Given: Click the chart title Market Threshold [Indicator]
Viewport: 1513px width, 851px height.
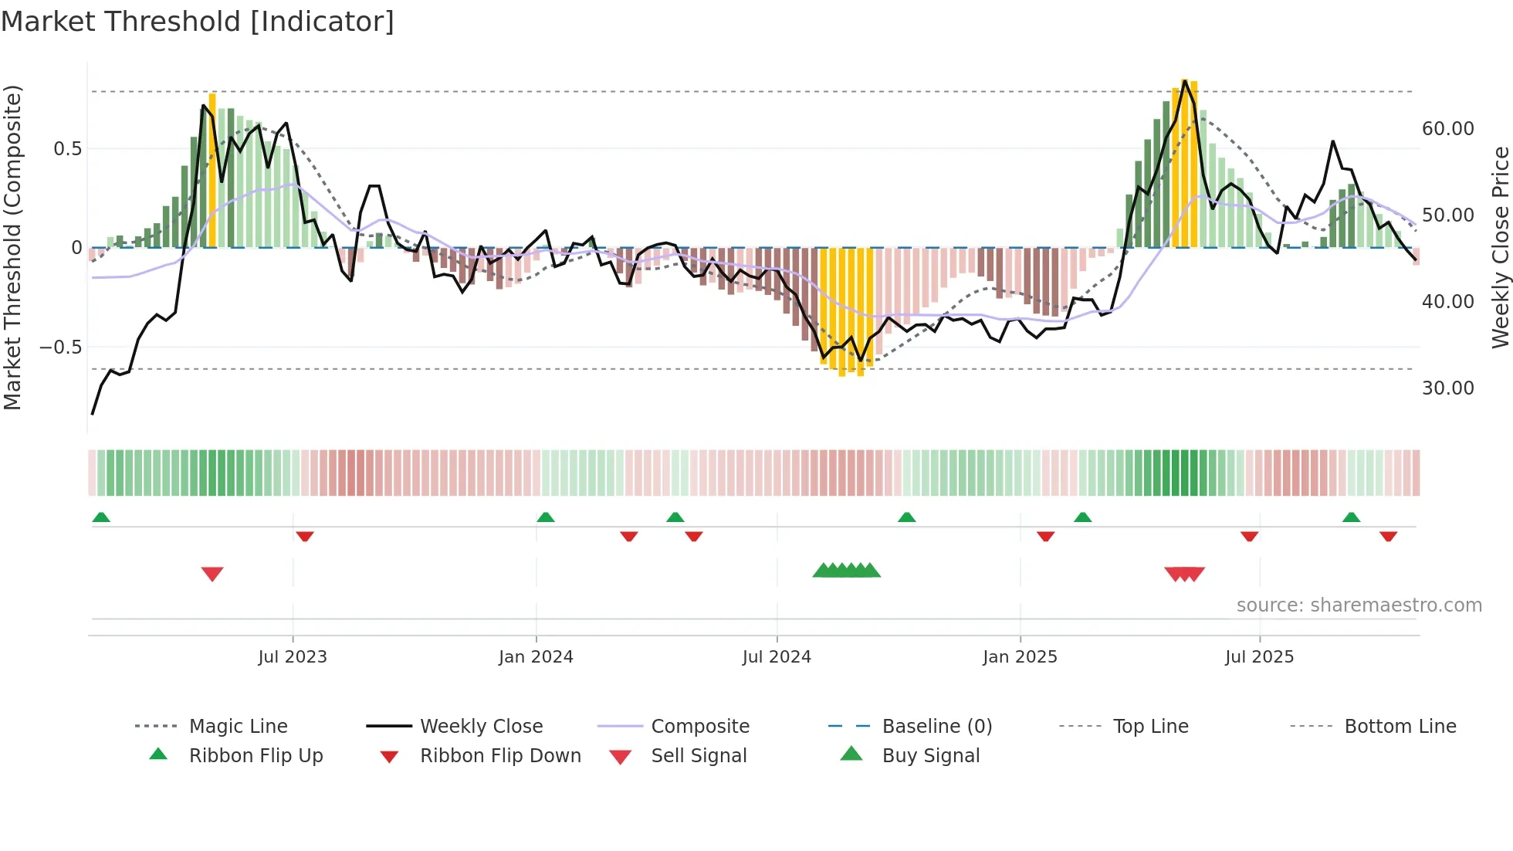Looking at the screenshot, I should point(198,22).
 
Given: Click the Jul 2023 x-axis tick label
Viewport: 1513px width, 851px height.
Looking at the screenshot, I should point(293,657).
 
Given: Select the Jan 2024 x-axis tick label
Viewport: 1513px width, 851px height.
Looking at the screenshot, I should point(536,657).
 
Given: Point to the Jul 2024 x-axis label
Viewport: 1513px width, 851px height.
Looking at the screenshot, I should point(777,657).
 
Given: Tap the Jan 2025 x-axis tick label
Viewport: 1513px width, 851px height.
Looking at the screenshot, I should point(1020,657).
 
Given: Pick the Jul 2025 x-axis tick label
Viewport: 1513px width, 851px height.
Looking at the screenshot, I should point(1259,657).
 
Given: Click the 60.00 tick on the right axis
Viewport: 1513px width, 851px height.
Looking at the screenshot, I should point(1448,129).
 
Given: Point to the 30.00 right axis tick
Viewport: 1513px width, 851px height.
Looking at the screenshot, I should point(1448,388).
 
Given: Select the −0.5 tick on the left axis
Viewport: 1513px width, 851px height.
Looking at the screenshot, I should point(61,348).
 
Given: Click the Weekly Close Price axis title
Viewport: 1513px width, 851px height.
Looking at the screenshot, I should point(1500,247).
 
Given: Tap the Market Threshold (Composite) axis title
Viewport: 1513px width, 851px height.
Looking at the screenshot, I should point(12,247).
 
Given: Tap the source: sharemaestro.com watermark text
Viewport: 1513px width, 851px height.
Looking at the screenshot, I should point(1359,605).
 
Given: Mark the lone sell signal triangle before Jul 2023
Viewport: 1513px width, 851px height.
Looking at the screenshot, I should point(212,574).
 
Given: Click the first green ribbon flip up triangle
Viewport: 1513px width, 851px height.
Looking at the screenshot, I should point(101,517).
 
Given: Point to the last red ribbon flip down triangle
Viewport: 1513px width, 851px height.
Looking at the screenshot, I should point(1388,536).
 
